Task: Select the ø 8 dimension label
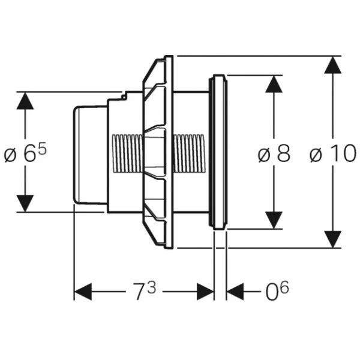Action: [274, 154]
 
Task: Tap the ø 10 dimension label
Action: [332, 154]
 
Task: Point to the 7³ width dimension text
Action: [144, 292]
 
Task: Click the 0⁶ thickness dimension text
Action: [277, 292]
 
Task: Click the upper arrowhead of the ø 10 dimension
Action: [333, 65]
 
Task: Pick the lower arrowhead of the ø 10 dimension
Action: [333, 239]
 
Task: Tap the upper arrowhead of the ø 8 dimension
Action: [274, 84]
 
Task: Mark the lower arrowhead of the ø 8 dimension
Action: [274, 220]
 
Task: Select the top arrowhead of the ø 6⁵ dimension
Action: [25, 101]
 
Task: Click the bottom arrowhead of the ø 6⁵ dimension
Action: [25, 203]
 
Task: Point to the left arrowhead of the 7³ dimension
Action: [83, 292]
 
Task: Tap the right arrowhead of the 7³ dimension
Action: [205, 292]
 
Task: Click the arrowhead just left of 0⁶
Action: [235, 292]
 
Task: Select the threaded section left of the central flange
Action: [127, 154]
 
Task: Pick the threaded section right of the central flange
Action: [188, 152]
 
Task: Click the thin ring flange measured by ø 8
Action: [218, 151]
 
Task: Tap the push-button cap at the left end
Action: [90, 155]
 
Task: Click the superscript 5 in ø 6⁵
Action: [42, 147]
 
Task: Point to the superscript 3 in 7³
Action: [151, 286]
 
